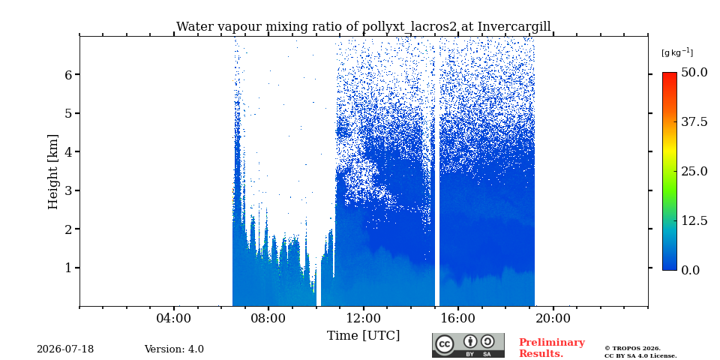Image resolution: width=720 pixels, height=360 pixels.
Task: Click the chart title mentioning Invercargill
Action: point(363,27)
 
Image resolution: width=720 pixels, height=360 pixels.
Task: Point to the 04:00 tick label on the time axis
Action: point(173,318)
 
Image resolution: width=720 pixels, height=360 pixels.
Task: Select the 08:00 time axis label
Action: point(268,318)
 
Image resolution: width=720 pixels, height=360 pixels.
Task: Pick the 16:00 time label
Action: point(457,318)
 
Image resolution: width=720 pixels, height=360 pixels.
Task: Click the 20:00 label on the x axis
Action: point(553,318)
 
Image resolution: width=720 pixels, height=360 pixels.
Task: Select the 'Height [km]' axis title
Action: point(53,172)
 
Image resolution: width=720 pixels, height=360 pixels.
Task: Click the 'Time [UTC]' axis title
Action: point(363,336)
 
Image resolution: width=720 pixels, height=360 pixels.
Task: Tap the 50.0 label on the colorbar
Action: point(694,73)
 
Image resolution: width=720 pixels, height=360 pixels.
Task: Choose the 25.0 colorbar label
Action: point(694,171)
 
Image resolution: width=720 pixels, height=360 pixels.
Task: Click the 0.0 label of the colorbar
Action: point(690,270)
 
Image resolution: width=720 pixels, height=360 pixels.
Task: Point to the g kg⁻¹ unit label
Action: point(676,52)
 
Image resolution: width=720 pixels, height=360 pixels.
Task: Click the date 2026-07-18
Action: point(65,349)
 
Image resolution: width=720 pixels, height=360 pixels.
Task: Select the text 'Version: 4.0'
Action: point(174,349)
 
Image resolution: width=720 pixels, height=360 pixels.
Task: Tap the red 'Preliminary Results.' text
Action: point(552,348)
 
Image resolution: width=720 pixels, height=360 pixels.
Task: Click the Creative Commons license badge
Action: point(468,345)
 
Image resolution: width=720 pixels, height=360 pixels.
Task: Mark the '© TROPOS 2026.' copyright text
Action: point(632,349)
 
